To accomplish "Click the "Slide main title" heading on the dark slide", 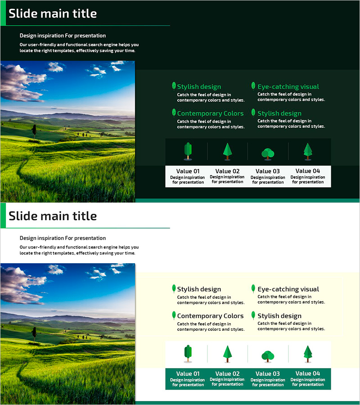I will (53, 13).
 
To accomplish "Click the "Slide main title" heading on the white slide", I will (53, 216).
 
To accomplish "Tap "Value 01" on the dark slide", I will (188, 171).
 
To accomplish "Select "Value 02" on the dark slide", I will (227, 171).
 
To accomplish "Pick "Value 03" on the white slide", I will (267, 373).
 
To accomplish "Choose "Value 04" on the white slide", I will (308, 373).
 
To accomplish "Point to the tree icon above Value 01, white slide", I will (188, 354).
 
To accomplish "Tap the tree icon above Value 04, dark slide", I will (308, 151).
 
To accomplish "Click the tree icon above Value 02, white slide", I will (227, 354).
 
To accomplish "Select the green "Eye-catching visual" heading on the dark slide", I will (288, 86).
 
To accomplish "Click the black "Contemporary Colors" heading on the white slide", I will (210, 316).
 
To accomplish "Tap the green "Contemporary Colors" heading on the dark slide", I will (210, 113).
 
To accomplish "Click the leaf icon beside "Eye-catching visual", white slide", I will (253, 288).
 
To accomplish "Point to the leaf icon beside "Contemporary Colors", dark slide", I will (174, 113).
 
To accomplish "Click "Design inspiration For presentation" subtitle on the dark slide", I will (63, 36).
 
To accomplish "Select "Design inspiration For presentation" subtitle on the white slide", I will (63, 238).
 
